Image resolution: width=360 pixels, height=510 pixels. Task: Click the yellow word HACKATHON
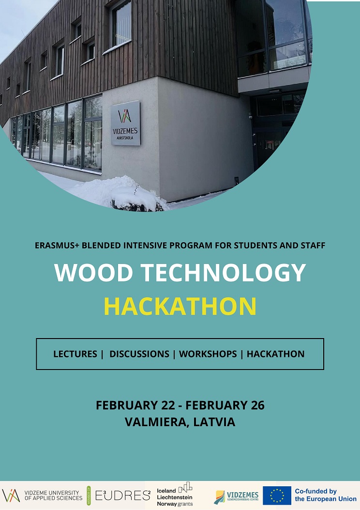click(x=180, y=306)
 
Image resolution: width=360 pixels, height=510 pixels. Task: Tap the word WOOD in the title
click(x=93, y=272)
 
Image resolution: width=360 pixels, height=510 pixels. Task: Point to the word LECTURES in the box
click(x=75, y=354)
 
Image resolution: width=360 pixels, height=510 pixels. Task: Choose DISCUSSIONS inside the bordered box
click(x=139, y=354)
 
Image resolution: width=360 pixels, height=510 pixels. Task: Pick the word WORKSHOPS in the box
click(x=208, y=354)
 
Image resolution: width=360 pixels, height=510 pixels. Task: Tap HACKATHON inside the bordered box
click(x=275, y=354)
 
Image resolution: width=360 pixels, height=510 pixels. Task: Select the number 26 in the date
click(x=257, y=405)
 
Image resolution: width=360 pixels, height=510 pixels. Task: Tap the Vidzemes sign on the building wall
click(x=125, y=123)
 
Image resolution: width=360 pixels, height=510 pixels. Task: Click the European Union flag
click(x=277, y=495)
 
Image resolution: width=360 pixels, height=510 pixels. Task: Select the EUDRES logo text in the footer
click(x=123, y=495)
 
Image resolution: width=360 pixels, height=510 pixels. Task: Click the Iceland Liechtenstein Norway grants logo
click(x=175, y=495)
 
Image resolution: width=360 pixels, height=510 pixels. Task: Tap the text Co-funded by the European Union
click(x=326, y=495)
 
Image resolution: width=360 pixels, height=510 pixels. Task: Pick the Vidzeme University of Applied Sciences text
click(x=54, y=495)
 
